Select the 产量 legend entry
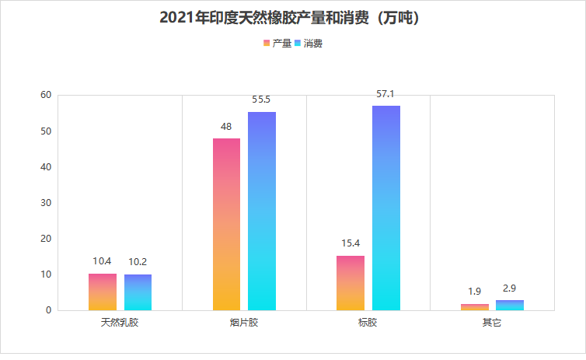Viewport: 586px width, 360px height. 277,44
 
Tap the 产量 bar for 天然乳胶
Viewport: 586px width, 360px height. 103,292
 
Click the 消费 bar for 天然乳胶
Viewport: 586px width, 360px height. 138,292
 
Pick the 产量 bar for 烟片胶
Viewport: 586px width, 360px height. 226,225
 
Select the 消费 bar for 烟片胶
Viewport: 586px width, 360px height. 262,211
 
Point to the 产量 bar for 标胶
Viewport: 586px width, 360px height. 351,283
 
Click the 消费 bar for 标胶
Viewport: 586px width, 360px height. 386,208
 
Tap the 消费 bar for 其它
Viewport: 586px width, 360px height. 510,306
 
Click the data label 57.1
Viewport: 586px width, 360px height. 385,94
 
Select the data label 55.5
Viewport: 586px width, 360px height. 261,100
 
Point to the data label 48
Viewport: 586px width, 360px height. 226,127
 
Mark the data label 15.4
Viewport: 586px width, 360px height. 351,243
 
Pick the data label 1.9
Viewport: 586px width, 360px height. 474,292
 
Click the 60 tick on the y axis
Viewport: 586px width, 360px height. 45,95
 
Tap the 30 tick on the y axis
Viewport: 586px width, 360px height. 45,203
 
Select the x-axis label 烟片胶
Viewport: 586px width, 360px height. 244,322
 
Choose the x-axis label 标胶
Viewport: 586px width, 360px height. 368,322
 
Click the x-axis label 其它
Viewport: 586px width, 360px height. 492,322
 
